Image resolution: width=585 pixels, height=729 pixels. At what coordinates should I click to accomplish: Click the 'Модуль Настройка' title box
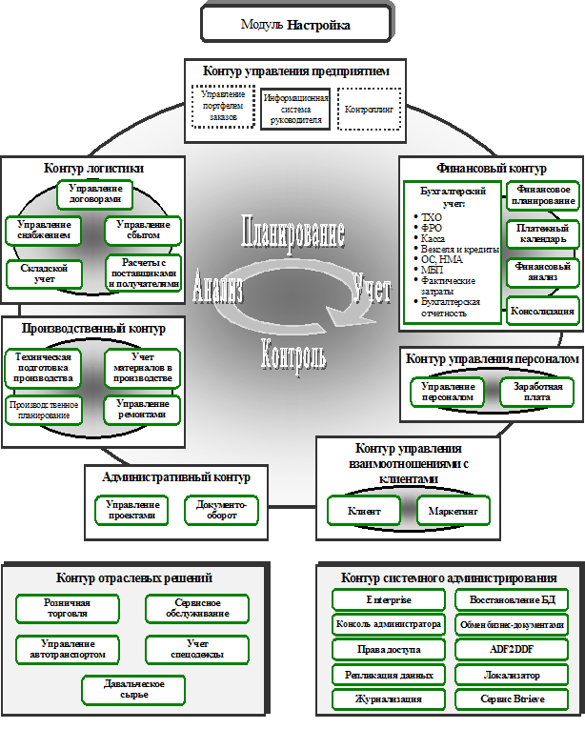(x=295, y=23)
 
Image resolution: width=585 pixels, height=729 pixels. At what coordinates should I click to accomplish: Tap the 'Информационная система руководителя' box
(x=295, y=110)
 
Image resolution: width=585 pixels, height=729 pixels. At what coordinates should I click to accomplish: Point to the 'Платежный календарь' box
(x=542, y=233)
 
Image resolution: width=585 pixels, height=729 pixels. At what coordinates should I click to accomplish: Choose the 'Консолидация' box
(x=542, y=312)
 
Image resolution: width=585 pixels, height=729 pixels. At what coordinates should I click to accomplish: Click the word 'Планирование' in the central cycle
(x=292, y=233)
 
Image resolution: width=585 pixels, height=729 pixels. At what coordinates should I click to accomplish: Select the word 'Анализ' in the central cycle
(x=218, y=289)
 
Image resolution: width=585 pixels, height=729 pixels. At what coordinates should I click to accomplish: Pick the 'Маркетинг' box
(x=453, y=512)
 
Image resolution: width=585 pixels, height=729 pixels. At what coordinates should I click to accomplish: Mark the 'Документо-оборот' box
(x=222, y=510)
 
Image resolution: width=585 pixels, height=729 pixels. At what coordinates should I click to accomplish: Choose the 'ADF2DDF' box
(x=513, y=650)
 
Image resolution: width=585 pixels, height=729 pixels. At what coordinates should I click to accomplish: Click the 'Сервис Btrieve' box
(x=513, y=699)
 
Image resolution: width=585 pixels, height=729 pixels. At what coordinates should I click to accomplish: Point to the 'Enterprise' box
(x=389, y=600)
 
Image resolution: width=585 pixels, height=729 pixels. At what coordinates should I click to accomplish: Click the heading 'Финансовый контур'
(x=491, y=169)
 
